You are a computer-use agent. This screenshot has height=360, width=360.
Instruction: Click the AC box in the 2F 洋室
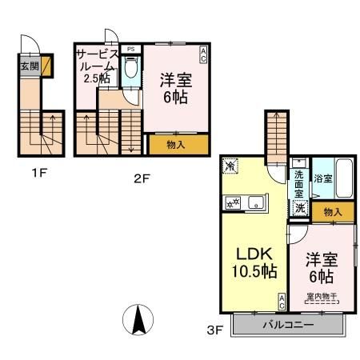203,54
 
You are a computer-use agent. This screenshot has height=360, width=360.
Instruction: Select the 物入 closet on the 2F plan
177,145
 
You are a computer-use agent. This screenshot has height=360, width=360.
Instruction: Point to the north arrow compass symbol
137,322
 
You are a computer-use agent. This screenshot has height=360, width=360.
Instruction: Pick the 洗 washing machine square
298,208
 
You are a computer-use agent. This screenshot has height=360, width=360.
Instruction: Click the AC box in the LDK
282,302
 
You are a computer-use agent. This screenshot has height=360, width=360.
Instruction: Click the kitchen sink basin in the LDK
252,200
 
